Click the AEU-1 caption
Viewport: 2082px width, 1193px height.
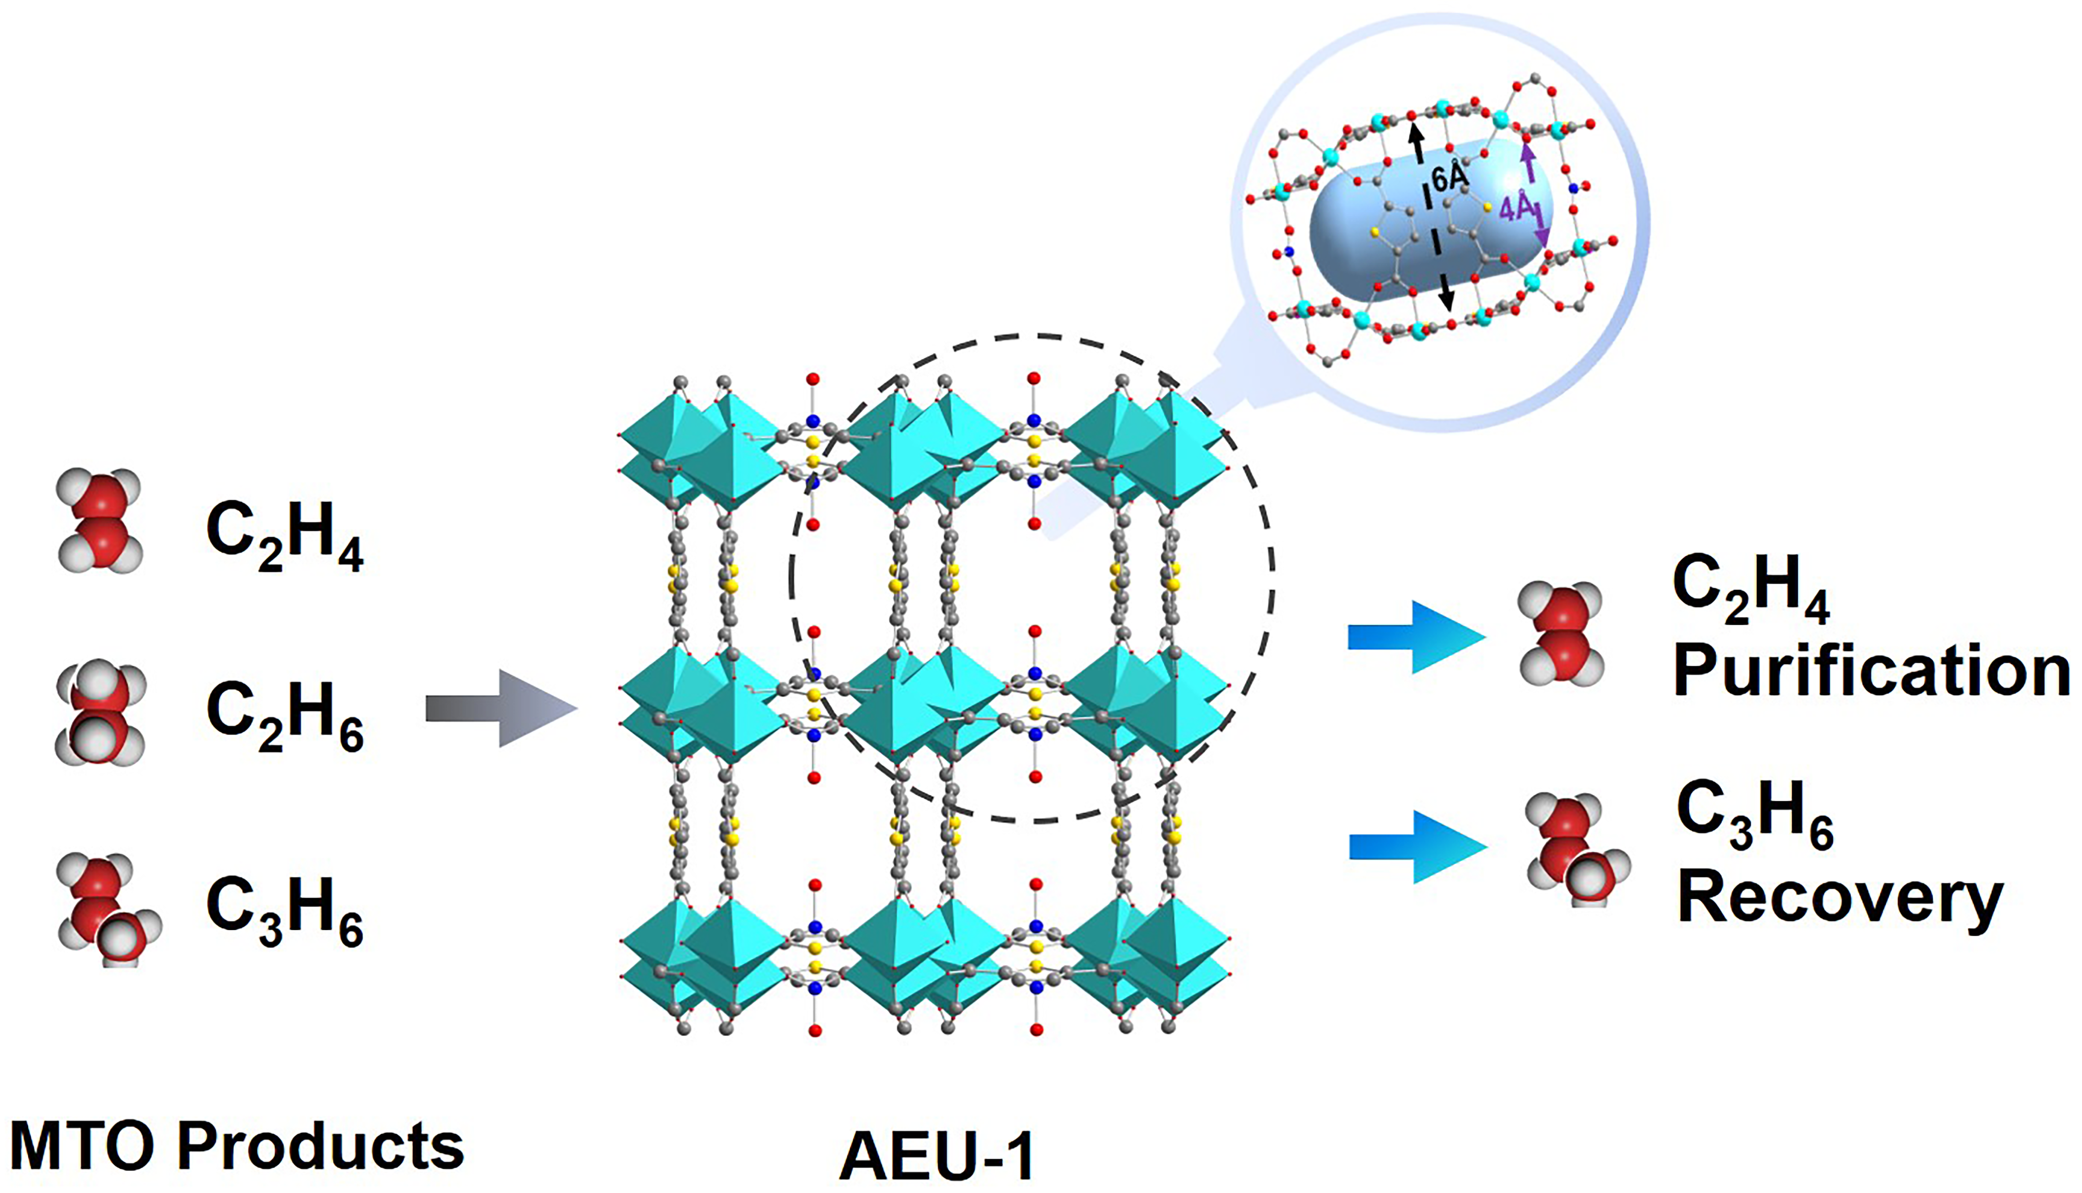[936, 1155]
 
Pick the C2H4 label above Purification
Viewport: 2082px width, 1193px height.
[1751, 588]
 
